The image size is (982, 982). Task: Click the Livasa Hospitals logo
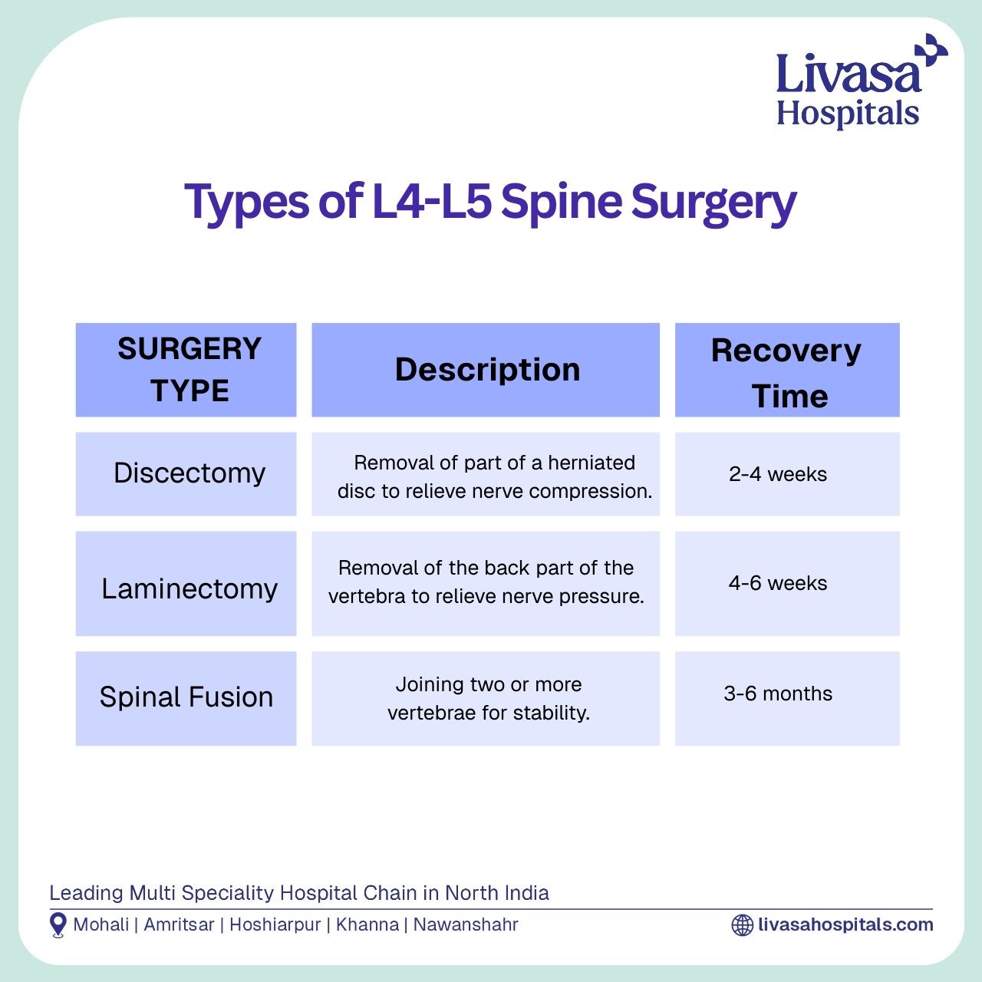862,81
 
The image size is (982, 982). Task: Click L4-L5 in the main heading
432,201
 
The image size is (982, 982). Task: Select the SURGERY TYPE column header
189,370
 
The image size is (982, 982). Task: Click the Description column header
487,370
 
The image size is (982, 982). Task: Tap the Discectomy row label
189,473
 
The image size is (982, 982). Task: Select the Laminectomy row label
189,588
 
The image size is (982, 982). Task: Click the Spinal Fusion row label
186,697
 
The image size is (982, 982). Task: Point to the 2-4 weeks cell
778,474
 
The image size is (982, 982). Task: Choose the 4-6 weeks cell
778,583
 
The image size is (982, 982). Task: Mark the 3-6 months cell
778,694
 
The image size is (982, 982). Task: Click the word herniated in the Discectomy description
592,463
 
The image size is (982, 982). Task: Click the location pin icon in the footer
58,925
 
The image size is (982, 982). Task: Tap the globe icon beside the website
742,925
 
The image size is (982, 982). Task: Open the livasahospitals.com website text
846,925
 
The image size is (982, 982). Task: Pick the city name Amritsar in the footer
179,925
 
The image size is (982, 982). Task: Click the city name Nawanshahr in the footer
466,925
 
